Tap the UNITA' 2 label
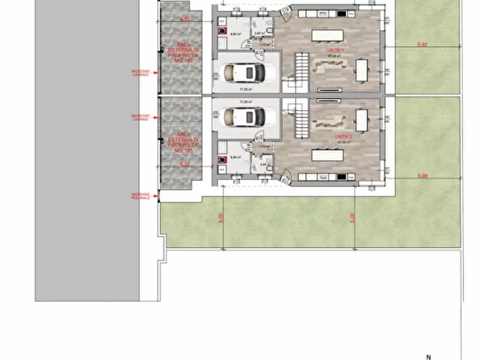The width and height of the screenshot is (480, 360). pyautogui.click(x=343, y=138)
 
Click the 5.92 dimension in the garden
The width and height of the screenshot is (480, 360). pyautogui.click(x=422, y=45)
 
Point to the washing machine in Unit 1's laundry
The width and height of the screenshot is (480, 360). pyautogui.click(x=221, y=31)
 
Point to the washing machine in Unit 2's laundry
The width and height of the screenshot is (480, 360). pyautogui.click(x=221, y=159)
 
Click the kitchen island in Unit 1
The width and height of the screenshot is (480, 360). pyautogui.click(x=327, y=35)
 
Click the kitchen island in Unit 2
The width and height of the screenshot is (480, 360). pyautogui.click(x=327, y=156)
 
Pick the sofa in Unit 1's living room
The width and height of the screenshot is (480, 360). pyautogui.click(x=328, y=67)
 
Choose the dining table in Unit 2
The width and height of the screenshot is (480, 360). pyautogui.click(x=362, y=120)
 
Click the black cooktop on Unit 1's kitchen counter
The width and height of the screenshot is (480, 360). pyautogui.click(x=341, y=13)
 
